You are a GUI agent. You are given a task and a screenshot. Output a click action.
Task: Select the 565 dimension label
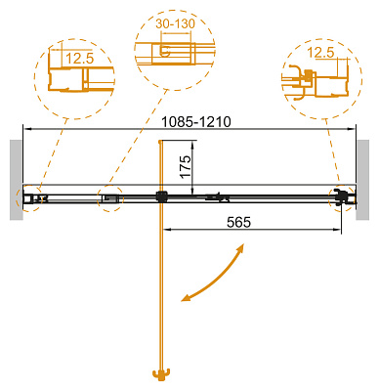click(238, 222)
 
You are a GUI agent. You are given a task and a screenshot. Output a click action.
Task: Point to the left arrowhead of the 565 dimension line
click(165, 232)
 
